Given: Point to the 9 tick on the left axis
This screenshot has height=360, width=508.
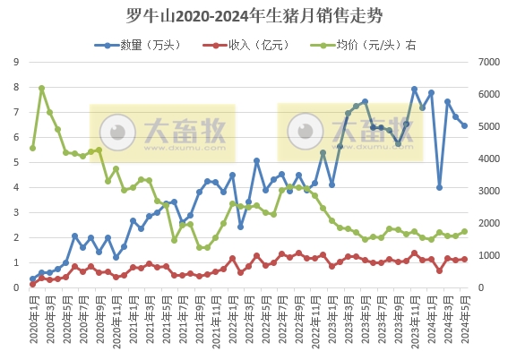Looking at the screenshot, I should (x=16, y=62).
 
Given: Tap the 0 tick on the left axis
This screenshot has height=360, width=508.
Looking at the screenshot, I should (x=16, y=287).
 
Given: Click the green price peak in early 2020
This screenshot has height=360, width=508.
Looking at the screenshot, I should (x=41, y=89).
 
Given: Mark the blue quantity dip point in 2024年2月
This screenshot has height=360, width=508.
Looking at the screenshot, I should (x=439, y=187).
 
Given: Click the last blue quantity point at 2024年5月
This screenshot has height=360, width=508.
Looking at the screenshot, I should (x=464, y=125).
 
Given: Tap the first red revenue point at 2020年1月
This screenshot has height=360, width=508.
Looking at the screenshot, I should (x=33, y=284).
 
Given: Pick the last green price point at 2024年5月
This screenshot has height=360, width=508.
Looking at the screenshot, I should (x=464, y=231).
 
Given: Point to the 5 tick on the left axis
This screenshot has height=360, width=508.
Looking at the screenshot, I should (x=16, y=162).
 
